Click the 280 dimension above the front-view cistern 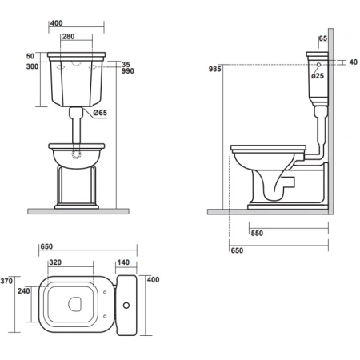(68, 36)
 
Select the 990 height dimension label (128, 71)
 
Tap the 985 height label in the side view (215, 69)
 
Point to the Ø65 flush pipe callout (100, 113)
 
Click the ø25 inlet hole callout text (318, 76)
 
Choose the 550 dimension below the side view (257, 234)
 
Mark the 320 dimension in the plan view (55, 262)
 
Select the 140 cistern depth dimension (123, 262)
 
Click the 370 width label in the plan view (6, 281)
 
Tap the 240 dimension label (24, 291)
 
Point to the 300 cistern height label (32, 66)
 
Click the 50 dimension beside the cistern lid (30, 56)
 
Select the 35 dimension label (126, 64)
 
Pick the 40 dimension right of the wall (353, 62)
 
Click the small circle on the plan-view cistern (126, 305)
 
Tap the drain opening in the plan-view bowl (74, 304)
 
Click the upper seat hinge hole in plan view (105, 292)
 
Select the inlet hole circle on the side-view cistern (318, 65)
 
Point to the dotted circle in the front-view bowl (77, 154)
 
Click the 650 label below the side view (237, 250)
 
